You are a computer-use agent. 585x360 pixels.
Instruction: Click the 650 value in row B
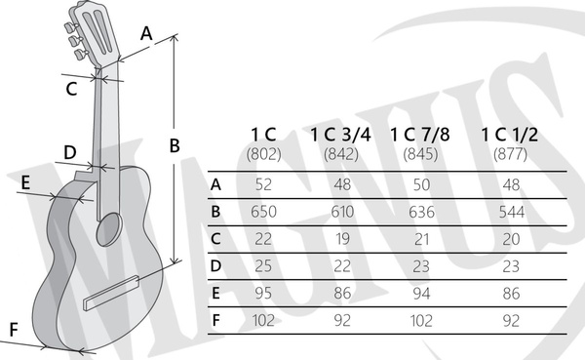coord(263,212)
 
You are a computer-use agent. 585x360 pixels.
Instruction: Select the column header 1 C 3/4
coord(340,135)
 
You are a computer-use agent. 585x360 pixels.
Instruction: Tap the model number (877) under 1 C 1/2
coord(510,154)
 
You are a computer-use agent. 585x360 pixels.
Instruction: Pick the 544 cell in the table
coord(512,212)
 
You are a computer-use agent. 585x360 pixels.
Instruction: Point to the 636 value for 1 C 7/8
coord(421,212)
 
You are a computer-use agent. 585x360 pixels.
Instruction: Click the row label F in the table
coord(216,320)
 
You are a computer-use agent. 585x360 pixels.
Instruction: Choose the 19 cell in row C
coord(342,239)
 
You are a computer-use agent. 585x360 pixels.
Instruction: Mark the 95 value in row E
coord(263,293)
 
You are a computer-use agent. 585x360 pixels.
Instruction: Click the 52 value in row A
coord(263,184)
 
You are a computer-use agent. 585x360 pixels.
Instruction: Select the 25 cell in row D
coord(263,266)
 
